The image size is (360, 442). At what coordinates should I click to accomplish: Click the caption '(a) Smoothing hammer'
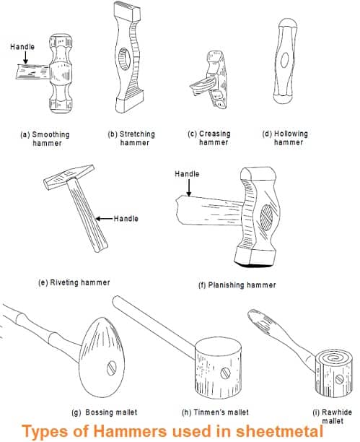click(x=45, y=139)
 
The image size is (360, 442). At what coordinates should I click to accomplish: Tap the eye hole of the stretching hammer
click(x=124, y=59)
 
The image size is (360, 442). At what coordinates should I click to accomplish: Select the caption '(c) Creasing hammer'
click(x=209, y=138)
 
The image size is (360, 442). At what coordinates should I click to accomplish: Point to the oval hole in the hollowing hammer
click(x=284, y=60)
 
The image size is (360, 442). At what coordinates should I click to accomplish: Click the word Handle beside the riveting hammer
click(x=126, y=218)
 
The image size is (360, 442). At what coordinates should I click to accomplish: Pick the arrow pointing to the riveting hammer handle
click(x=104, y=218)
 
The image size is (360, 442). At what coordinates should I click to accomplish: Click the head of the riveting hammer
click(x=69, y=176)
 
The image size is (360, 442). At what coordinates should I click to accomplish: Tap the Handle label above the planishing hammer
click(x=187, y=174)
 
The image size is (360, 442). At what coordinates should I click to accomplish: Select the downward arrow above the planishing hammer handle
click(x=189, y=188)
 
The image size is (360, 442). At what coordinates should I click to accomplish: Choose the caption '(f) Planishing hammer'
click(x=237, y=285)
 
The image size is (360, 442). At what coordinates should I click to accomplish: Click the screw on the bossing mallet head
click(x=112, y=368)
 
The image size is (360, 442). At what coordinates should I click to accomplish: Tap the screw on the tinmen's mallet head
click(x=225, y=373)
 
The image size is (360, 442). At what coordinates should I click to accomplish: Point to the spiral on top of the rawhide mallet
click(x=333, y=357)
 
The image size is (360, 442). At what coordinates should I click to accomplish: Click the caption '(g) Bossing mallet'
click(x=105, y=412)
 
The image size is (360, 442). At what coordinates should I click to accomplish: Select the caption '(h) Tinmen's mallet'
click(x=216, y=412)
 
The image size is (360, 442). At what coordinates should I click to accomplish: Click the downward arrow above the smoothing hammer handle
click(x=25, y=58)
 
